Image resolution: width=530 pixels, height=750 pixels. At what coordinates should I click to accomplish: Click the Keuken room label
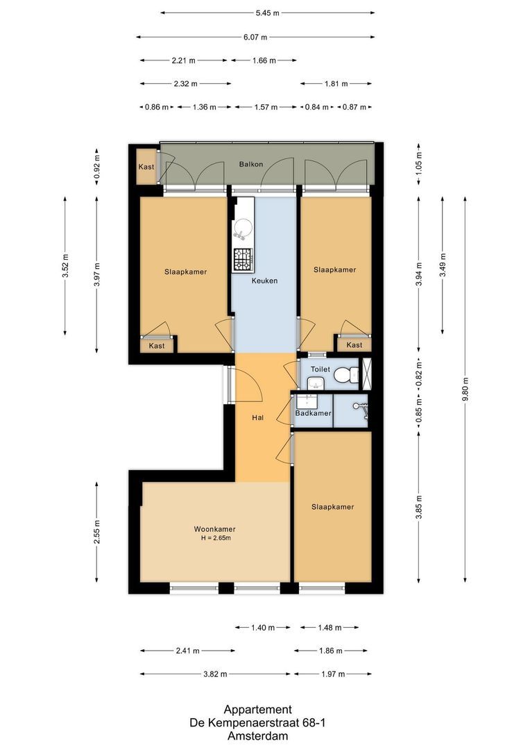pos(264,281)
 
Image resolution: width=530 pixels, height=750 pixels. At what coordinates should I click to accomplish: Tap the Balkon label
pos(251,165)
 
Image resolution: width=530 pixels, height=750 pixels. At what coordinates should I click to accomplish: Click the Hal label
pos(259,417)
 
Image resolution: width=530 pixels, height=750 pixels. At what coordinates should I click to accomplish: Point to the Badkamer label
pos(313,414)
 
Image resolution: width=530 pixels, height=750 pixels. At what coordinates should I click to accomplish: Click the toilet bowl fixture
pos(343,376)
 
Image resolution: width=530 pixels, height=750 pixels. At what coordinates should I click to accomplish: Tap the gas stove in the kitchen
pos(243,259)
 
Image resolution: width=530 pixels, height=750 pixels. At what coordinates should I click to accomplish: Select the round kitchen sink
pos(243,227)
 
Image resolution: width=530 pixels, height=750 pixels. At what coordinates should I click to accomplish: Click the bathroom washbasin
pos(305,401)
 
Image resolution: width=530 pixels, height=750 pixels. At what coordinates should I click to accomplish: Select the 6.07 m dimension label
pos(255,37)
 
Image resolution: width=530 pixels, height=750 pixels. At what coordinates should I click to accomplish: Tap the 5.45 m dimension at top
pos(267,12)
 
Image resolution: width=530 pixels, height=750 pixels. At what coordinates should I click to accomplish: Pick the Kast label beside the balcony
pos(146,167)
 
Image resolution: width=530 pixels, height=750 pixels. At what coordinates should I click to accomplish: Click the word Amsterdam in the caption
pos(257,736)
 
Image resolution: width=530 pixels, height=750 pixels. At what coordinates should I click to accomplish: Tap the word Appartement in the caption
pos(257,710)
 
